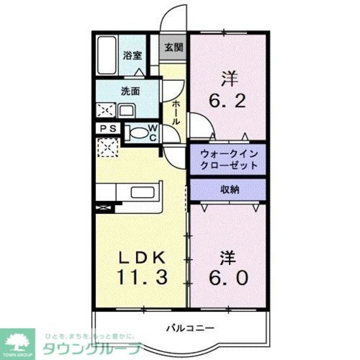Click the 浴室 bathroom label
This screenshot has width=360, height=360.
pos(132,55)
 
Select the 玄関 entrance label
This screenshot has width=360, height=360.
pos(174,48)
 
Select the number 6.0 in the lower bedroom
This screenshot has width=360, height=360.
pos(228,278)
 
